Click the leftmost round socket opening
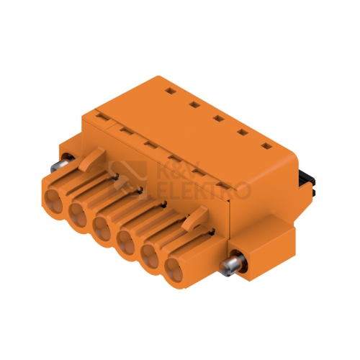point(54,201)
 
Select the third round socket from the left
point(102,228)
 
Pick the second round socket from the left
point(78,215)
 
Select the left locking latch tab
point(92,159)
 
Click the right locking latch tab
point(194,219)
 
